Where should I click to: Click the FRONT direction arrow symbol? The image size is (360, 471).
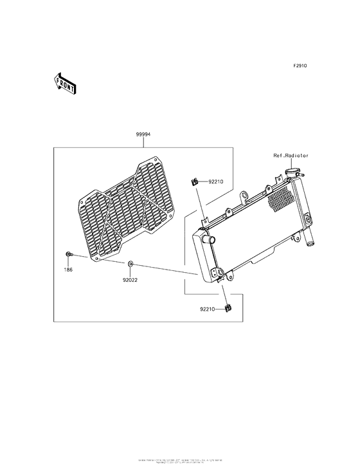pos(65,83)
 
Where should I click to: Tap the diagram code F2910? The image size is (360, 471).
pos(301,66)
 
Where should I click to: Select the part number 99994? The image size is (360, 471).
pos(143,135)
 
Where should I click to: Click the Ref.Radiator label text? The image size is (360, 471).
pos(291,156)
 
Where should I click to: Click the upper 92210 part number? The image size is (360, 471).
pos(215,182)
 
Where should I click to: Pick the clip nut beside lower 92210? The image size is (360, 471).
pos(227,309)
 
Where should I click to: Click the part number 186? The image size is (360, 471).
pos(68,270)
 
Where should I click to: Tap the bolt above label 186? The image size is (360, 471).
pos(68,255)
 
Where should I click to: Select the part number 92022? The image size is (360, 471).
pos(130,280)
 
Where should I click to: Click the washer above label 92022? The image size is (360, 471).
pos(130,264)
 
